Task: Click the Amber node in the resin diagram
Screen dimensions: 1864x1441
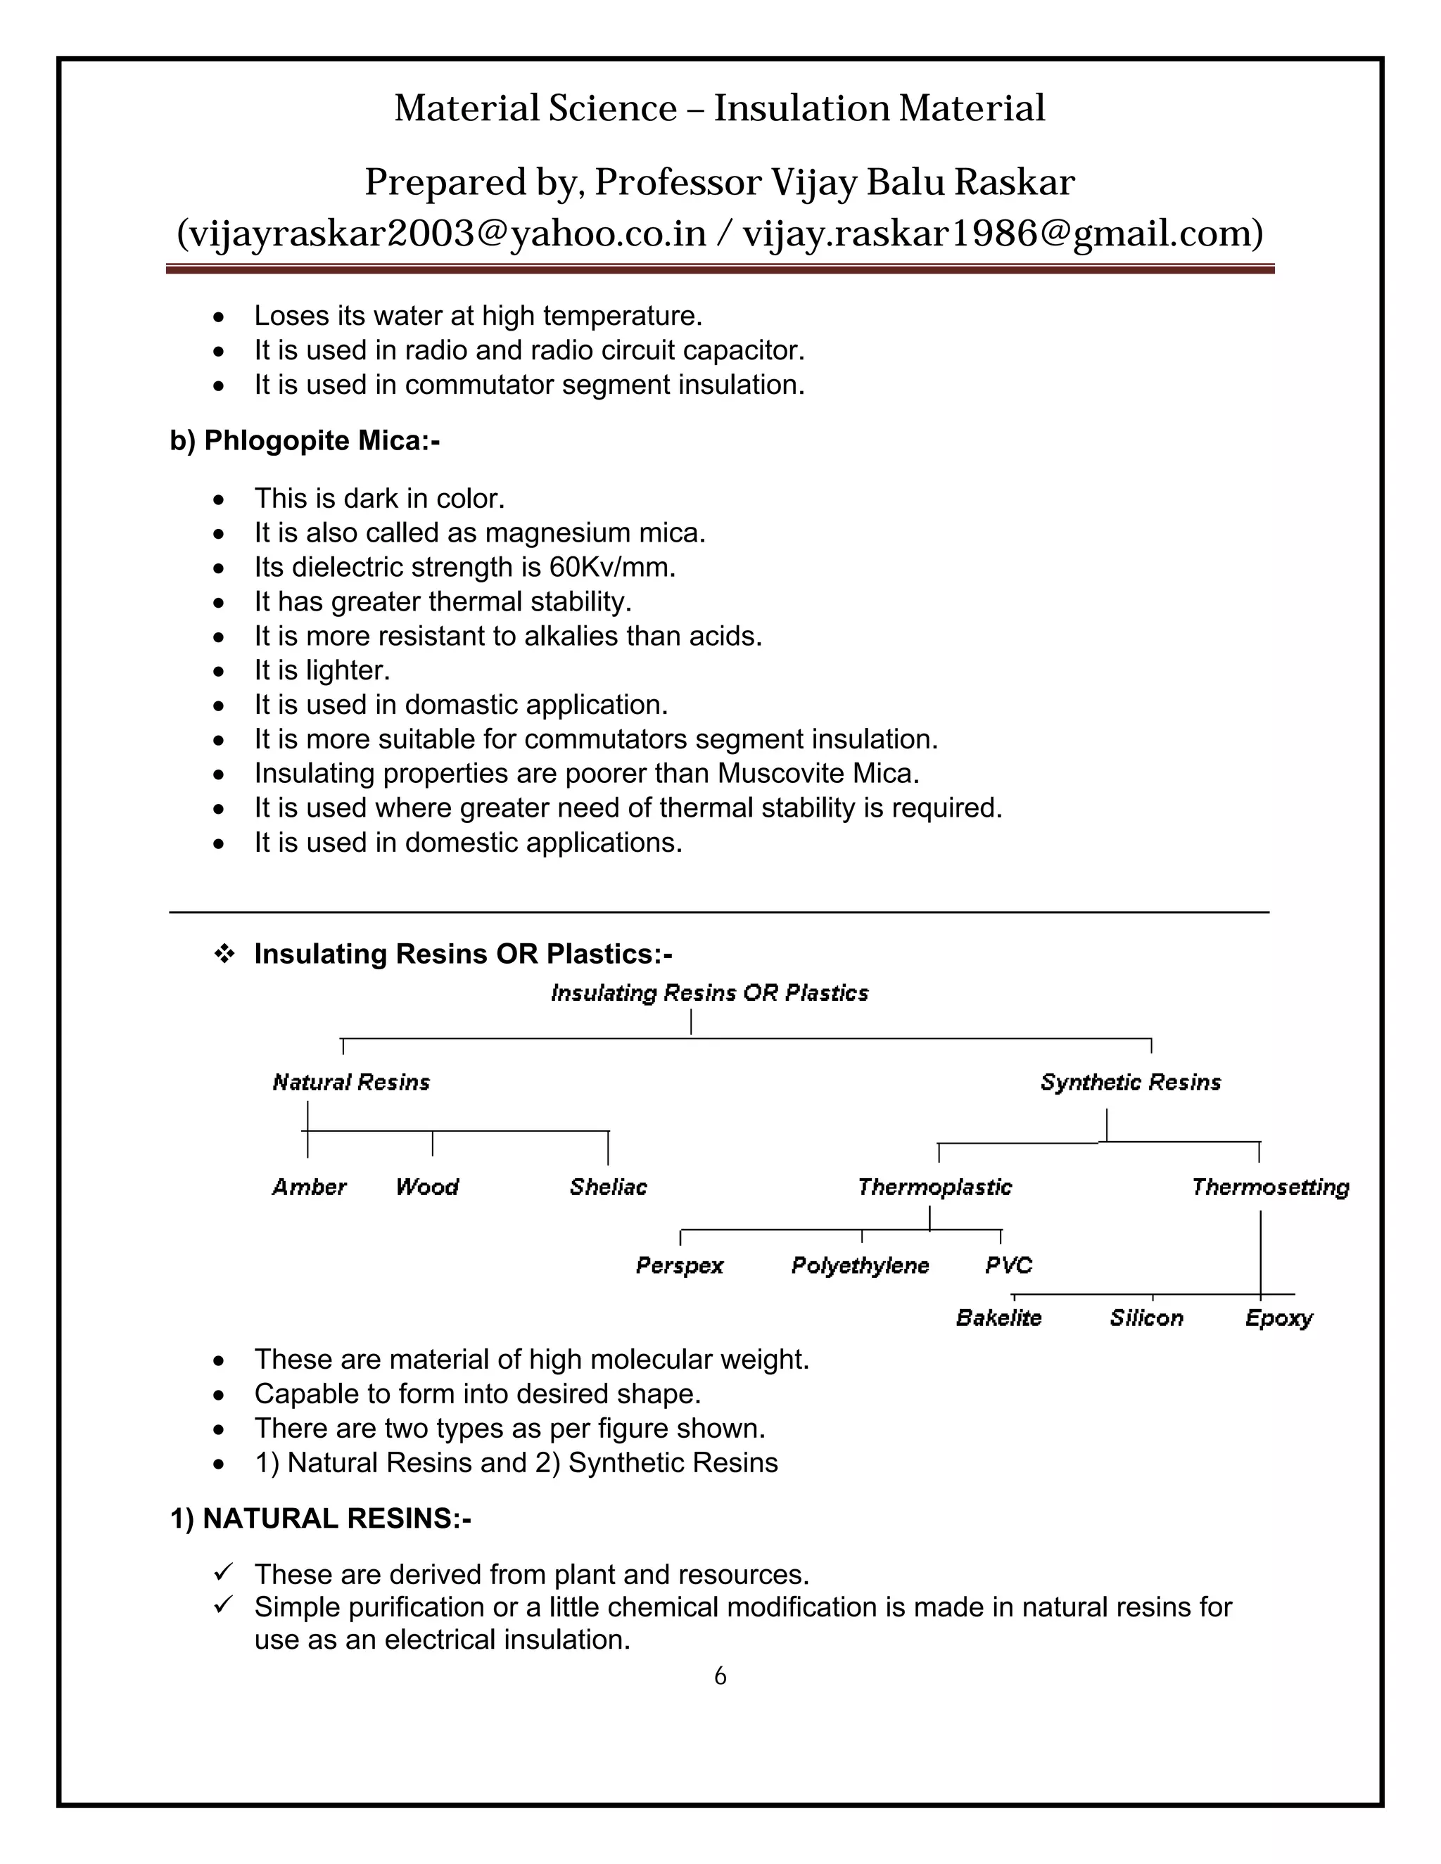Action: coord(309,1187)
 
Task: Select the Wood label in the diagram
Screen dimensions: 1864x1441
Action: coord(427,1187)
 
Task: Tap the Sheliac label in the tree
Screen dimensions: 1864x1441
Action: coord(608,1187)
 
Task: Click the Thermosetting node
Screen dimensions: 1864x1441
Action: coord(1269,1187)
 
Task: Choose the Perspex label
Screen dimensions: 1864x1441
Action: coord(680,1265)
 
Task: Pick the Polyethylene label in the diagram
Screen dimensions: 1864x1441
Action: coord(860,1265)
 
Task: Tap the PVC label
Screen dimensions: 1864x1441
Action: coord(1008,1265)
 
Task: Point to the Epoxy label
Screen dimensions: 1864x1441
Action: coord(1278,1319)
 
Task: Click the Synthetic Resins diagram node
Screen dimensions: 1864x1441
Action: coord(1130,1083)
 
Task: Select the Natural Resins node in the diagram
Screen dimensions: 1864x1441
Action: coord(351,1083)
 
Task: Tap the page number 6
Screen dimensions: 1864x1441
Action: coord(720,1676)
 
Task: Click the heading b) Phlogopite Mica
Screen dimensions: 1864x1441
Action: coord(305,440)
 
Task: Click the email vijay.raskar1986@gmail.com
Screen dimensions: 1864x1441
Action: coord(1002,233)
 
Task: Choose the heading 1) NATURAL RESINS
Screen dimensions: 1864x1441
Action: coord(320,1519)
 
